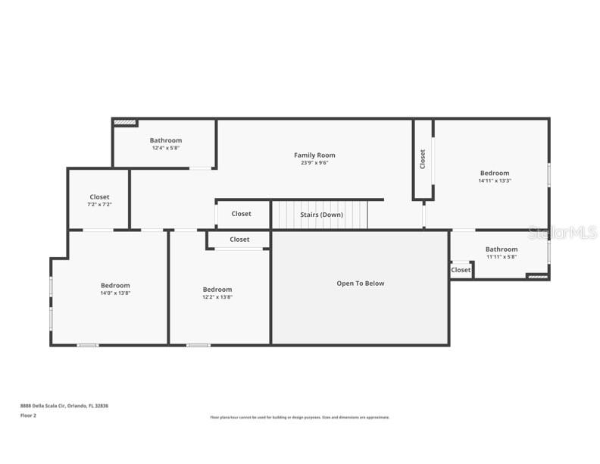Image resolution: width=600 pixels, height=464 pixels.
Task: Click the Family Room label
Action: (x=314, y=155)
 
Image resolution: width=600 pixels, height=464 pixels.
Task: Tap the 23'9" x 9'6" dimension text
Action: (x=314, y=163)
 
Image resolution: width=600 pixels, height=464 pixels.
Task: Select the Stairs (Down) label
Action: (x=321, y=215)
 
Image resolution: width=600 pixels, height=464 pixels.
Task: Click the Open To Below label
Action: (x=360, y=284)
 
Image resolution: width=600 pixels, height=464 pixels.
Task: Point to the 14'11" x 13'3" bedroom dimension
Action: (x=494, y=181)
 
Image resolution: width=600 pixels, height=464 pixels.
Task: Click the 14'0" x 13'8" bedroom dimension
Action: (x=115, y=293)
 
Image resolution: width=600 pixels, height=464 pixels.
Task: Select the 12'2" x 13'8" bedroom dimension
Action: (x=217, y=297)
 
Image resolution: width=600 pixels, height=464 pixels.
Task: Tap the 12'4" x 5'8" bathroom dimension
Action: (x=165, y=148)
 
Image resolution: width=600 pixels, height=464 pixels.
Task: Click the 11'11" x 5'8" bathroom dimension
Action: (x=502, y=257)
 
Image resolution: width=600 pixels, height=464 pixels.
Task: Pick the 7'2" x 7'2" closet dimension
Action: (x=99, y=205)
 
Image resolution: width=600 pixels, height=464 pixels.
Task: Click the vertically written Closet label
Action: (x=423, y=159)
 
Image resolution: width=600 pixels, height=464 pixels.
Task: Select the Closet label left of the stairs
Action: (x=241, y=214)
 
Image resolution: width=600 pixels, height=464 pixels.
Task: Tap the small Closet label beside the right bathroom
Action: (x=461, y=270)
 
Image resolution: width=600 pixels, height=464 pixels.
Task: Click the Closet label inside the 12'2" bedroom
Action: (x=239, y=240)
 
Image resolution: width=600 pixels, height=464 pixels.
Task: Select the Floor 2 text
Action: (x=28, y=415)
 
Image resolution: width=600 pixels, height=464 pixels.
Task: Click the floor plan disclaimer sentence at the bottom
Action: (x=299, y=417)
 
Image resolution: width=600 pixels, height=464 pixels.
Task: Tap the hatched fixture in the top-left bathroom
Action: (x=125, y=122)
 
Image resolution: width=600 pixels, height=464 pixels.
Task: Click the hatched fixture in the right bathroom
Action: (x=536, y=277)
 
